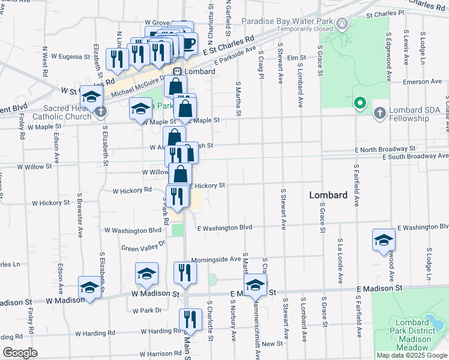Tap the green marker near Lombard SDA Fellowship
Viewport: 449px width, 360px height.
(360, 104)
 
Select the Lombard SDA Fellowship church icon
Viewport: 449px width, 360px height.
(379, 112)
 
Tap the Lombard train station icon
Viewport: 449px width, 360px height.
(178, 71)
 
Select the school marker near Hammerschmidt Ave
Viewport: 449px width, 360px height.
(255, 286)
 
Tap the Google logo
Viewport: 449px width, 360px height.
(20, 353)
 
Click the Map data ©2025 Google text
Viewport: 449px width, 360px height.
(412, 355)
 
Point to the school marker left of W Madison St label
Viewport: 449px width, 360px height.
(89, 288)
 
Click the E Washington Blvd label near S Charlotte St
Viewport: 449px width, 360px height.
(224, 228)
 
